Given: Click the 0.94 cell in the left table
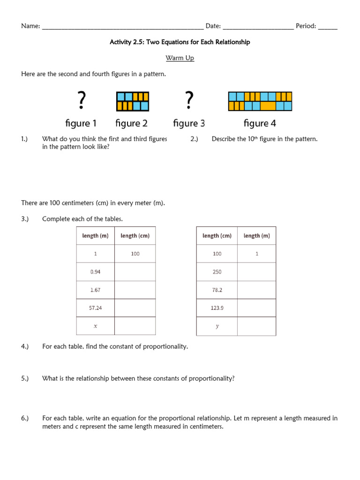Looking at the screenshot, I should (x=95, y=272).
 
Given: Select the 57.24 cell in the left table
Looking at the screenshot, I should (x=95, y=308).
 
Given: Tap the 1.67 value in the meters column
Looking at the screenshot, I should (x=95, y=290).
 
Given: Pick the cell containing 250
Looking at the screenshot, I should (x=217, y=272).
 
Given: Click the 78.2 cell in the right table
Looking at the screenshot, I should (x=217, y=290).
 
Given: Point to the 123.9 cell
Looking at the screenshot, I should (x=217, y=308).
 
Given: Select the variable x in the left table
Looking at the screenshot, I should (x=95, y=326).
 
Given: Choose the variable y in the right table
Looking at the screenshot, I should (x=217, y=326).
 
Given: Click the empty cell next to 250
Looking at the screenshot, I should (x=256, y=272).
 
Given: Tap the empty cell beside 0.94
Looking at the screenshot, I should (x=135, y=272).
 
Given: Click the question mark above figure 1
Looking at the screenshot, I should (x=82, y=100).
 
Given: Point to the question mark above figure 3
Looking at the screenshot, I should (x=189, y=100).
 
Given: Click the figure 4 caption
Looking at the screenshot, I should (x=260, y=123).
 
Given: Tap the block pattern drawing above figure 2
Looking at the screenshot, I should (x=132, y=102).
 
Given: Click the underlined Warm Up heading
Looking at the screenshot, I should (x=180, y=58).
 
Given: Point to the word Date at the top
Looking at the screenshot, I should (x=213, y=26).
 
